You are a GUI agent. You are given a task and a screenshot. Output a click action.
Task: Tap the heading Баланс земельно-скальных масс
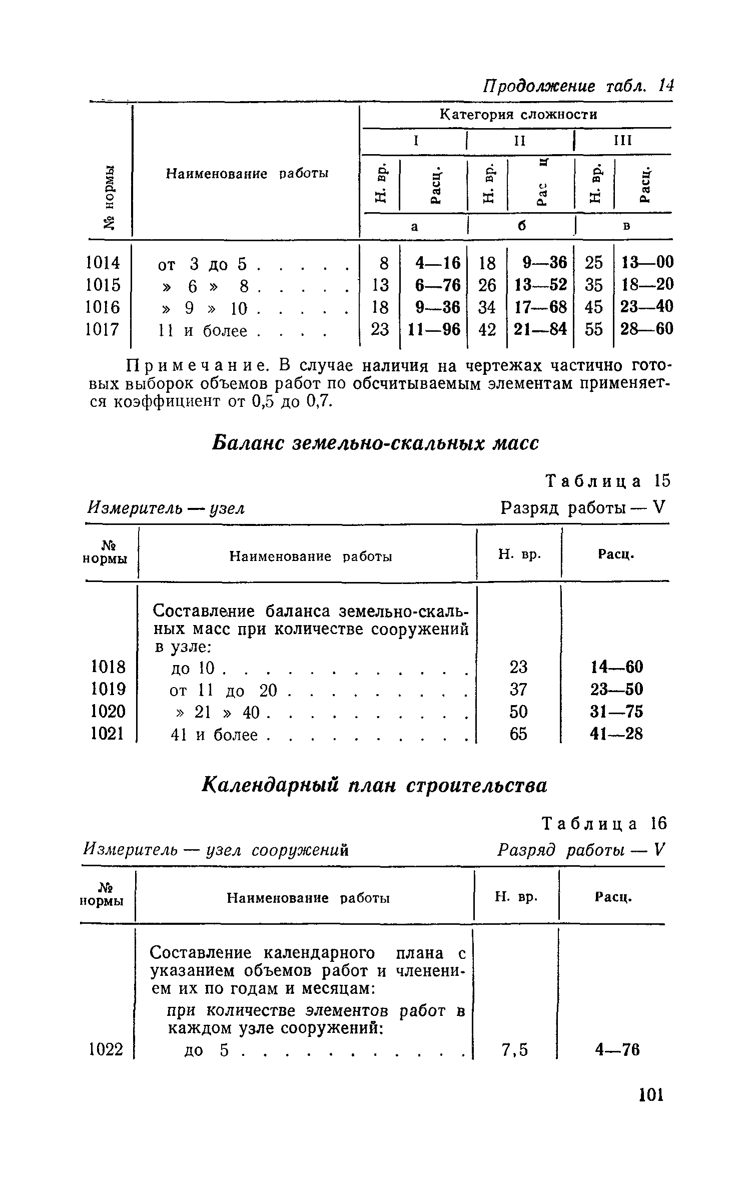pos(376,443)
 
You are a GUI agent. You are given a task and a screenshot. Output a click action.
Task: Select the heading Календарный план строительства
pos(375,785)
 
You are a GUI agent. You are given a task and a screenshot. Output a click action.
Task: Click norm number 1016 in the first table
pos(104,307)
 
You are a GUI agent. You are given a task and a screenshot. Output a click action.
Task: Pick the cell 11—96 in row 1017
pos(433,329)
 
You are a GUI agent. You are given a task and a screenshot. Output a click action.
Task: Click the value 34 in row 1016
pos(487,307)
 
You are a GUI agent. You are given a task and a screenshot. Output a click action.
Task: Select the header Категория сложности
pos(518,115)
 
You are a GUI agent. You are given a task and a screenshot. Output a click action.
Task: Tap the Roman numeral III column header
pos(623,141)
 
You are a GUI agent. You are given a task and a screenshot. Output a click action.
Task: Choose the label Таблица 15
pos(607,481)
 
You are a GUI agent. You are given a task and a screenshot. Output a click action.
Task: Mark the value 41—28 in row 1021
pos(616,734)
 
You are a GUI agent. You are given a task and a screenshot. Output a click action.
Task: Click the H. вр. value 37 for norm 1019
pos(518,690)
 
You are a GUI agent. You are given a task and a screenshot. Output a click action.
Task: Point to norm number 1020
pos(108,712)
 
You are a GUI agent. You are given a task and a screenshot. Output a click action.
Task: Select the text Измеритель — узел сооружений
pos(215,850)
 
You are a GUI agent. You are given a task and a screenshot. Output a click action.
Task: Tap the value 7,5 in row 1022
pos(515,1049)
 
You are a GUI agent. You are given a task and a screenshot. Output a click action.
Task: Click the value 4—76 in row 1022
pos(617,1049)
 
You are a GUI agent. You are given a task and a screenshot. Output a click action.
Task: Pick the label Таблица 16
pos(605,823)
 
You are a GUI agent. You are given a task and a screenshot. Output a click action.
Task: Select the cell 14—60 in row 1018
pos(616,667)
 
